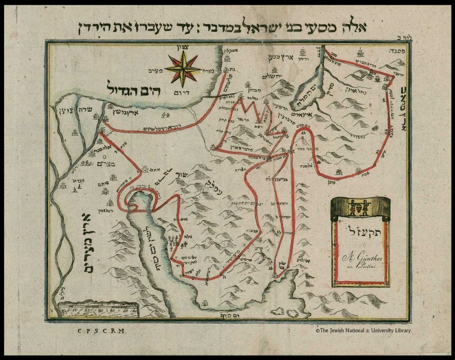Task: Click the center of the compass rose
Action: click(x=183, y=69)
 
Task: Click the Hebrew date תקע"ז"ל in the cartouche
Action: click(x=360, y=231)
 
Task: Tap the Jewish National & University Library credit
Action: click(x=363, y=330)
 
